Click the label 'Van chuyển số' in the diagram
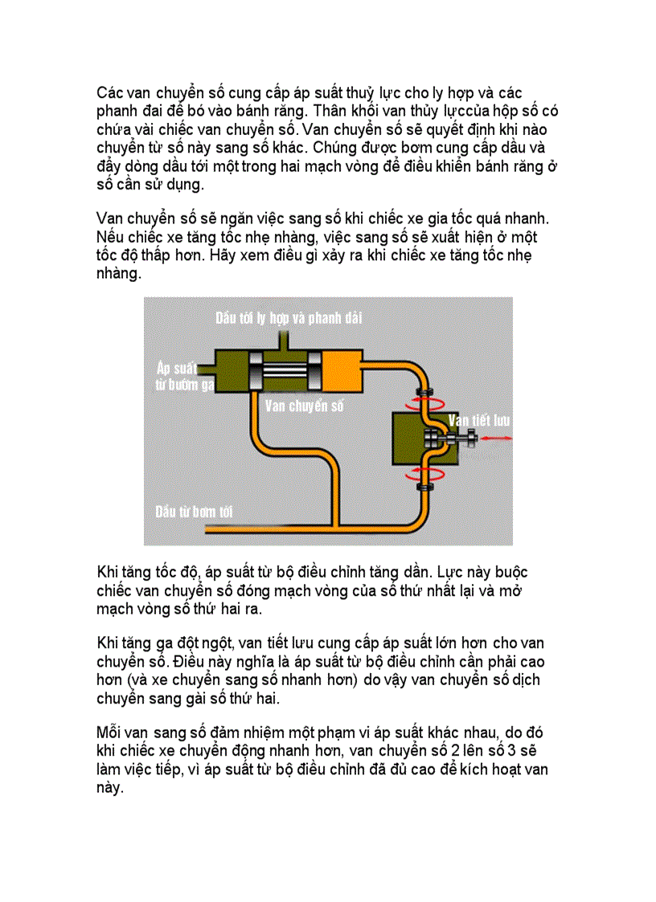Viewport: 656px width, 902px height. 304,406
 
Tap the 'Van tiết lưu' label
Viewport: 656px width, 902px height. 479,420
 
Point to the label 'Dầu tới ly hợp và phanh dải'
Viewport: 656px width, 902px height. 289,318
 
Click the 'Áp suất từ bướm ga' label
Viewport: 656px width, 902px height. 184,376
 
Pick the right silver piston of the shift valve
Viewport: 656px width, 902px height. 314,373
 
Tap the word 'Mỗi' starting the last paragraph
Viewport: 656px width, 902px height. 109,733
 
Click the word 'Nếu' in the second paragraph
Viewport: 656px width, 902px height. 109,238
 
